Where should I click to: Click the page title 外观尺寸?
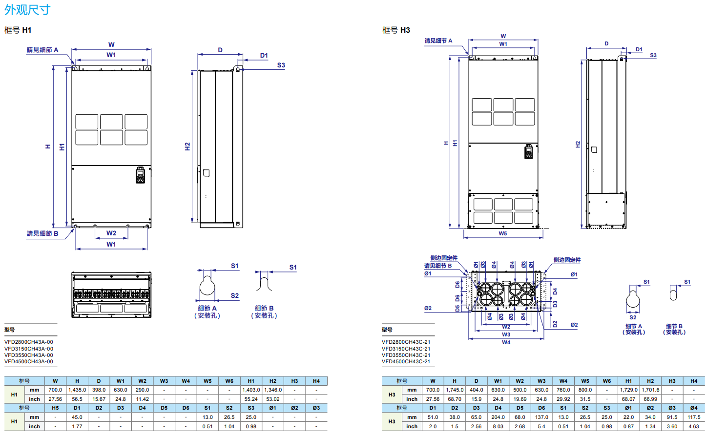click(27, 9)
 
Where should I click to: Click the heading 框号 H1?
click(18, 30)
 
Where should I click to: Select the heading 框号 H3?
click(396, 30)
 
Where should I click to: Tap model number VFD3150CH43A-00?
click(29, 349)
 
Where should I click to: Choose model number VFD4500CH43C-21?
click(406, 361)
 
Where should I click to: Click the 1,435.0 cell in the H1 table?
click(77, 390)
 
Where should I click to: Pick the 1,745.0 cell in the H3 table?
click(455, 390)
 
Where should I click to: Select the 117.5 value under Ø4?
click(694, 417)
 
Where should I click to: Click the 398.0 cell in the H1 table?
click(99, 390)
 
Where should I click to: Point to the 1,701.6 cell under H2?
click(650, 390)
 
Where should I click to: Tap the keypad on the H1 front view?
click(140, 175)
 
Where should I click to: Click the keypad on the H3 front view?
click(528, 152)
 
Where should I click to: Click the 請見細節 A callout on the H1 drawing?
click(42, 50)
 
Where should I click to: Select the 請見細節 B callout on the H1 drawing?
click(42, 233)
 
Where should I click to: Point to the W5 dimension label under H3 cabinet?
click(503, 233)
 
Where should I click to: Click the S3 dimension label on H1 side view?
click(281, 65)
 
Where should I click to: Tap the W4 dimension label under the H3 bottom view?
click(506, 342)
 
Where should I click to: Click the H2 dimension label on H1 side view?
click(187, 146)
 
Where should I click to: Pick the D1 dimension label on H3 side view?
click(639, 50)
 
